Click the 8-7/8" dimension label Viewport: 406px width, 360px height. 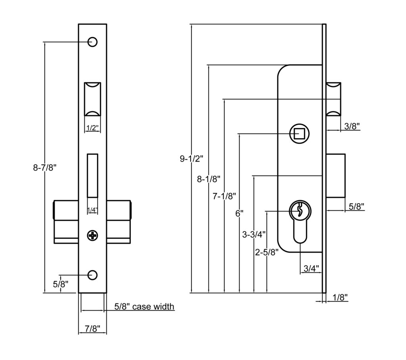(x=45, y=168)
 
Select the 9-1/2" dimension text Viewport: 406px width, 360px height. (x=192, y=159)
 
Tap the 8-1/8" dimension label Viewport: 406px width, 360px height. (x=209, y=179)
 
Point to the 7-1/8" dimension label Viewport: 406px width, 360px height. (x=224, y=196)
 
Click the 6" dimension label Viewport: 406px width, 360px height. (x=239, y=213)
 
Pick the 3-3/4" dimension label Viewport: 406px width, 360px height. (x=254, y=234)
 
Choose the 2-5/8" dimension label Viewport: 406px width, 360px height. (x=267, y=252)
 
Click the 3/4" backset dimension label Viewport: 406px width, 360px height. (x=311, y=269)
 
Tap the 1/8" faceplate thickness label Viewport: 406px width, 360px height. (x=340, y=297)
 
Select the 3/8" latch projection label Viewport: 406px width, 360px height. (x=352, y=126)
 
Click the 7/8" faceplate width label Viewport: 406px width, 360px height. (x=92, y=328)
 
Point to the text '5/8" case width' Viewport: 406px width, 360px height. (x=144, y=306)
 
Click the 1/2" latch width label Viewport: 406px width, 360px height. (x=92, y=128)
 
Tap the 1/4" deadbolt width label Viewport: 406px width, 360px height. (x=92, y=210)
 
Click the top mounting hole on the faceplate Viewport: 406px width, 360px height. (x=92, y=42)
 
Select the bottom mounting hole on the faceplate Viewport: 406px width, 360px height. (x=92, y=275)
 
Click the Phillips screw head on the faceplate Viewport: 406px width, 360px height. (x=92, y=236)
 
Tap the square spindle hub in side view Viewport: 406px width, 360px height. (x=299, y=133)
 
